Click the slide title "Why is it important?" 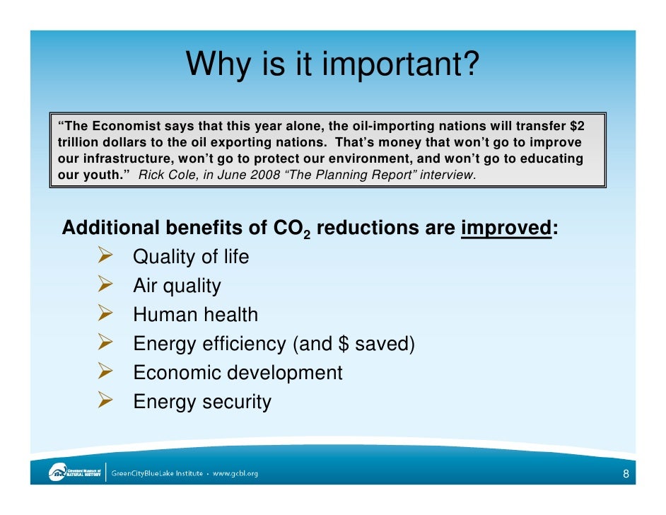(x=332, y=66)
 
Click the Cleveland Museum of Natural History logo (x=75, y=473)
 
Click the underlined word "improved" (x=506, y=228)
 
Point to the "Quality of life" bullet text (x=191, y=257)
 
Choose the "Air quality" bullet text (x=177, y=286)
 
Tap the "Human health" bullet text (x=195, y=315)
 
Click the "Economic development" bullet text (x=238, y=373)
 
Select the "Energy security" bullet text (x=201, y=402)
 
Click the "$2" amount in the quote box (x=577, y=127)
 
